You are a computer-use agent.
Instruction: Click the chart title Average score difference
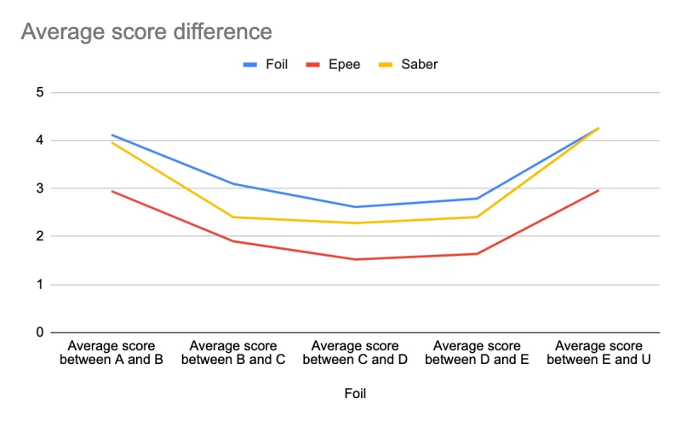pyautogui.click(x=146, y=32)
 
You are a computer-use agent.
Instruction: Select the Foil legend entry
pyautogui.click(x=266, y=65)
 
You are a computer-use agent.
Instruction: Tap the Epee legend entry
pyautogui.click(x=333, y=65)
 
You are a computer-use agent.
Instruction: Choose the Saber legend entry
pyautogui.click(x=409, y=65)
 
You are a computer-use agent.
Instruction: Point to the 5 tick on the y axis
pyautogui.click(x=40, y=92)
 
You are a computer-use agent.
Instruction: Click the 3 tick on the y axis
pyautogui.click(x=40, y=188)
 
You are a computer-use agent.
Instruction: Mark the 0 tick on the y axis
pyautogui.click(x=40, y=332)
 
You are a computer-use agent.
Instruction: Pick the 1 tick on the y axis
pyautogui.click(x=40, y=285)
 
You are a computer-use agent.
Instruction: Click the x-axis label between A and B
pyautogui.click(x=112, y=353)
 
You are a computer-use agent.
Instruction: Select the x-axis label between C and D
pyautogui.click(x=355, y=353)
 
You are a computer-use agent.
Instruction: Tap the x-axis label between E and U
pyautogui.click(x=598, y=353)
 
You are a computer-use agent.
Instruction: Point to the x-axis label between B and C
pyautogui.click(x=233, y=353)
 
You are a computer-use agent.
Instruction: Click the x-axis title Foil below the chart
pyautogui.click(x=355, y=393)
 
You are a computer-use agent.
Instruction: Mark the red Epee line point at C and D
pyautogui.click(x=355, y=259)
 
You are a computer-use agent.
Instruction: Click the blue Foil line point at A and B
pyautogui.click(x=112, y=135)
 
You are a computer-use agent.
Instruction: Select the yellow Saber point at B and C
pyautogui.click(x=233, y=217)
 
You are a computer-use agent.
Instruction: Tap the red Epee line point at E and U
pyautogui.click(x=598, y=190)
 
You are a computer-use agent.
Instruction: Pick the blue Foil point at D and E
pyautogui.click(x=477, y=199)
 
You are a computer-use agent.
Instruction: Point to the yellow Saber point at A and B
pyautogui.click(x=112, y=142)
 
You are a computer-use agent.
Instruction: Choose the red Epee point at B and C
pyautogui.click(x=233, y=241)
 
